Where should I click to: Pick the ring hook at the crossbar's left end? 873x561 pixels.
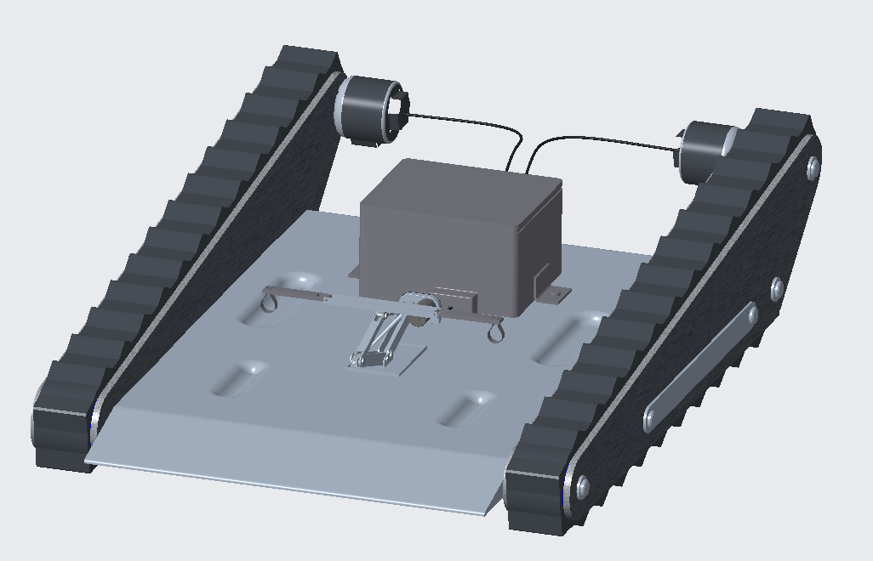270,303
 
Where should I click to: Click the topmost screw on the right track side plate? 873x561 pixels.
813,167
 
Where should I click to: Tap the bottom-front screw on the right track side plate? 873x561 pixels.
582,486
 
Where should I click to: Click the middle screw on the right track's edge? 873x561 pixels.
776,289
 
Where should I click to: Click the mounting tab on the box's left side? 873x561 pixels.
353,271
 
